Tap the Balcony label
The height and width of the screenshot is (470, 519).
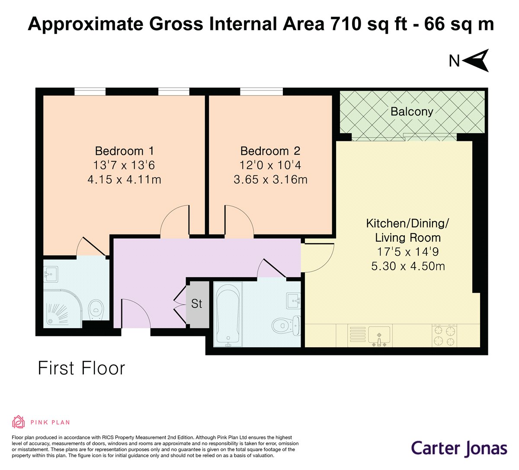411,112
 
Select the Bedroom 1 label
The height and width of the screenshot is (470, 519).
124,151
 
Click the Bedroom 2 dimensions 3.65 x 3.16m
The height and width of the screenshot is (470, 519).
270,179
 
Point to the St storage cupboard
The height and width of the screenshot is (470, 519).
197,304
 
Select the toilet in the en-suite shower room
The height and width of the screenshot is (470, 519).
95,310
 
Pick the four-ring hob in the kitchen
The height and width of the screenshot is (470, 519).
444,336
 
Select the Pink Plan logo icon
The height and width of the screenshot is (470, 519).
19,422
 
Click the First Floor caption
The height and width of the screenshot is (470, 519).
81,368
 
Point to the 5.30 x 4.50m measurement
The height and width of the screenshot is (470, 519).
408,266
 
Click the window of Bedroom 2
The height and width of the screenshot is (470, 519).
261,91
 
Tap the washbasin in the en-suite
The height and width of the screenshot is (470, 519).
51,274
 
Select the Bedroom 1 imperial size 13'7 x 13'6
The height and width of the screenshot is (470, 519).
124,165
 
